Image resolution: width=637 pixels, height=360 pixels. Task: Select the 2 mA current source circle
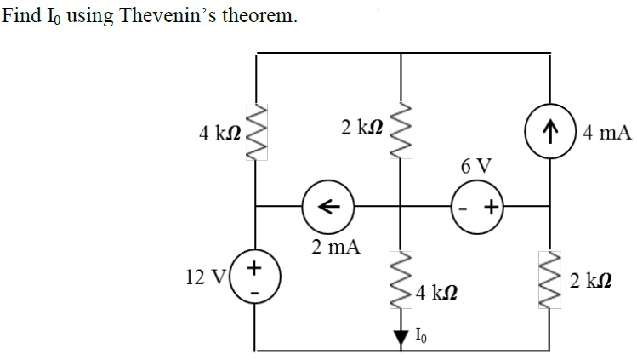[328, 206]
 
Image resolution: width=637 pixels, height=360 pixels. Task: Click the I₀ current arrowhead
[400, 337]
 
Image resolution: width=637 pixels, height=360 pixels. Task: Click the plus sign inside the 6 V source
[492, 207]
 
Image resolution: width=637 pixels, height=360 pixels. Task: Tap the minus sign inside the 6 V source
[464, 207]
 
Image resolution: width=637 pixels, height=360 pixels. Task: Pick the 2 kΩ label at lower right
[589, 280]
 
